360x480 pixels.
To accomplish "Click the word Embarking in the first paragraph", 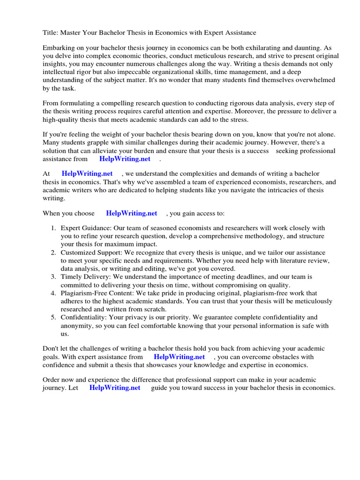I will tap(60, 48).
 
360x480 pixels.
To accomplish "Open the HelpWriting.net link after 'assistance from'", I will tap(125, 159).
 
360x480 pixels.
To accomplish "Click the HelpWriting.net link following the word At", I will tap(87, 174).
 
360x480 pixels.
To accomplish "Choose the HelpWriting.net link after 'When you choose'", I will tap(131, 213).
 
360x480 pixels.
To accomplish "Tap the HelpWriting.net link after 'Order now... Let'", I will tap(114, 388).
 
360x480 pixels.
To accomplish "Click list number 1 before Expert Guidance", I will tap(53, 228).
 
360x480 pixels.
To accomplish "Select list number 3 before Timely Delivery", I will tap(53, 277).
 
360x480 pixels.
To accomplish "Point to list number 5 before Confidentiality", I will tap(53, 317).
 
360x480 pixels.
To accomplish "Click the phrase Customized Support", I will tap(90, 252).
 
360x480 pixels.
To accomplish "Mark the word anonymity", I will tap(77, 326).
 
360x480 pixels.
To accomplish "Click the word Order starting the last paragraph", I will tap(52, 380).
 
